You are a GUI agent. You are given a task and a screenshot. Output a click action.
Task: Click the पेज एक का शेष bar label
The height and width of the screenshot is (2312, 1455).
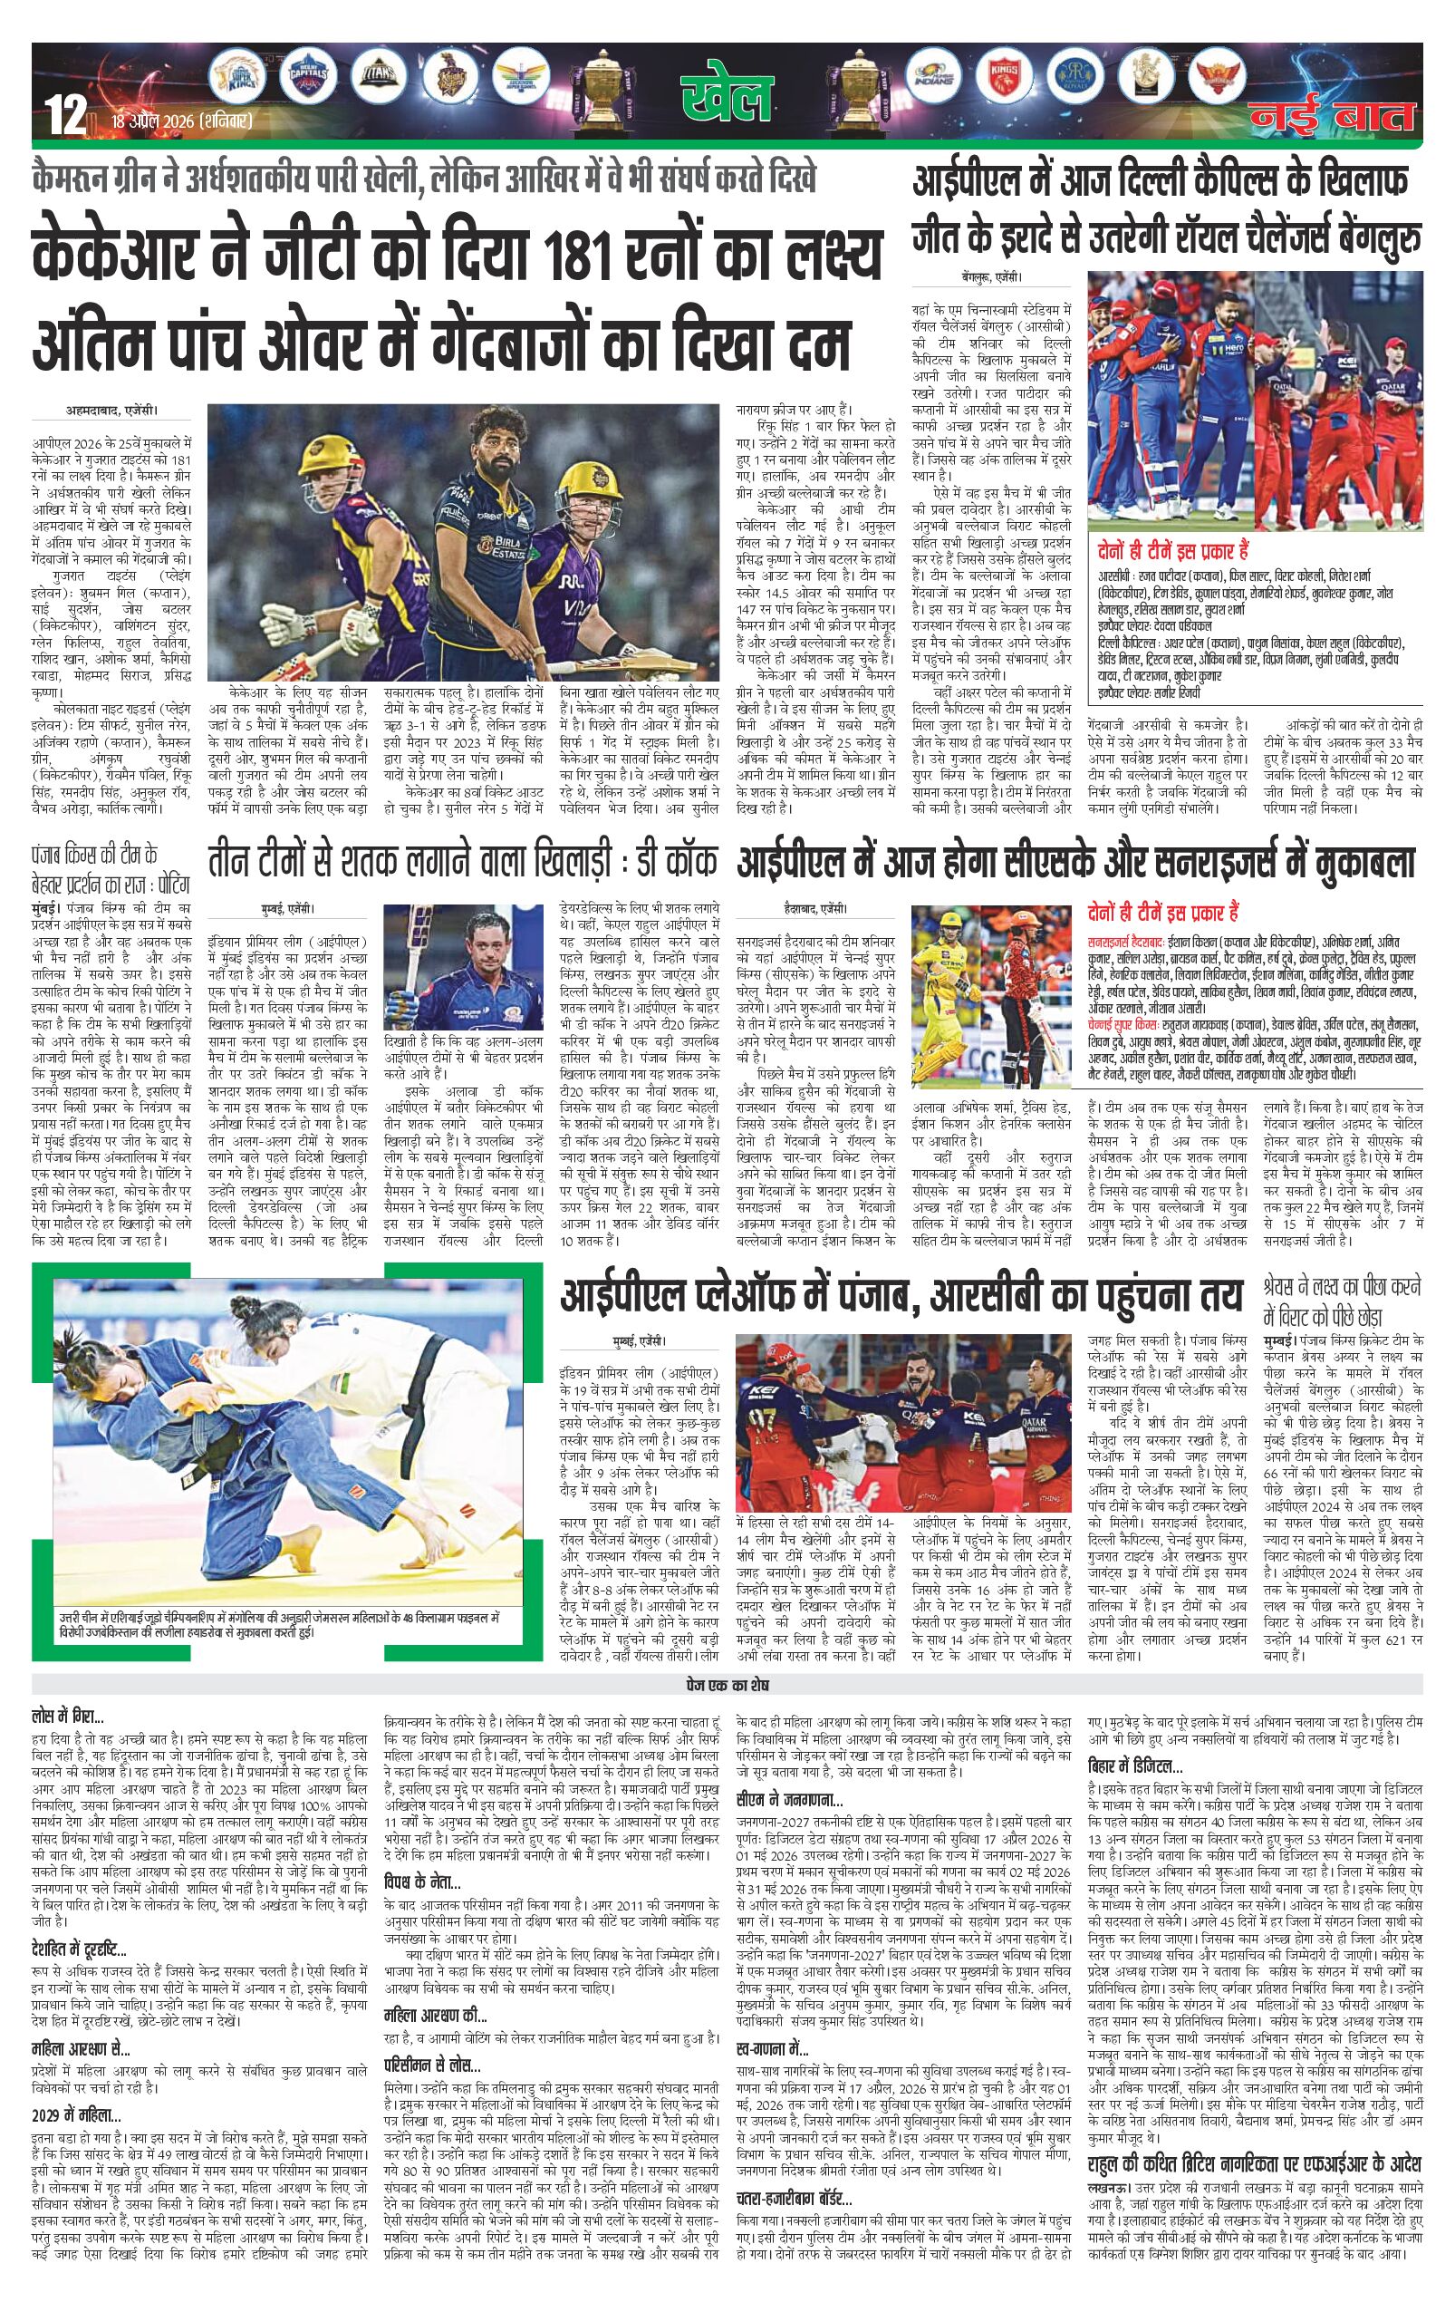click(x=727, y=1685)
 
